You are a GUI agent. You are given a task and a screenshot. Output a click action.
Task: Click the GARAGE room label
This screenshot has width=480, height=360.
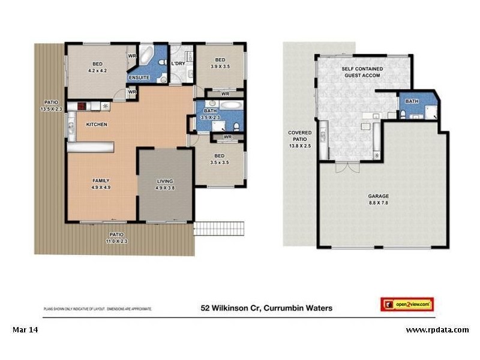pos(379,196)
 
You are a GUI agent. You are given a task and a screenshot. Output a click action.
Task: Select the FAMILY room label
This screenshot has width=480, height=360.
pos(101,180)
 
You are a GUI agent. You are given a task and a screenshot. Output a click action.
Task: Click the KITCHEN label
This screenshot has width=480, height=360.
pos(97,124)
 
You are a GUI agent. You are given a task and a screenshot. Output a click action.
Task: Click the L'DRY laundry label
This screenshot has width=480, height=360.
pos(178,64)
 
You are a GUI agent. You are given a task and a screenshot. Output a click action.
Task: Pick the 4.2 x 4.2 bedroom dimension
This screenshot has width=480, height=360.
pos(98,71)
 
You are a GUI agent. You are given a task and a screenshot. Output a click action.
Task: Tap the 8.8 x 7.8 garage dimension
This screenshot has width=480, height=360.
pos(379,203)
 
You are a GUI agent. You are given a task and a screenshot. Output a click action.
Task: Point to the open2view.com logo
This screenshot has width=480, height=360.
pos(407,304)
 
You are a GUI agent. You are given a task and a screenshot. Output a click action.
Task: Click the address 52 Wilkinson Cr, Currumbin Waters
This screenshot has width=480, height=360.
pos(266,308)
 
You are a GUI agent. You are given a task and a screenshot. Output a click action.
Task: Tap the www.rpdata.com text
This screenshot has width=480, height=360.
pos(437,330)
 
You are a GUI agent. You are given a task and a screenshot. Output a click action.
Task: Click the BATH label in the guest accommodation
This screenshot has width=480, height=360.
pos(412,101)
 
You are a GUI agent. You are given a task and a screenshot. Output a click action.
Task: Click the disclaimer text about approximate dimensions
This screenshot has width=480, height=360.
pos(98,309)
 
